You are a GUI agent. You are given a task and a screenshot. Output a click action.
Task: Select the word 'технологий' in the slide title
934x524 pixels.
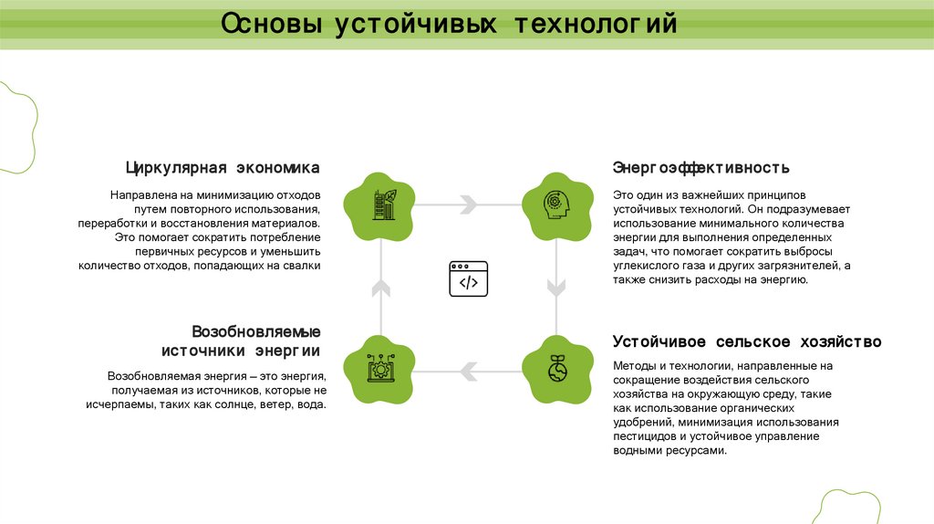tap(598, 24)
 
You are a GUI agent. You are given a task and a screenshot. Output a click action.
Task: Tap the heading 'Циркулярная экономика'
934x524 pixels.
tap(223, 168)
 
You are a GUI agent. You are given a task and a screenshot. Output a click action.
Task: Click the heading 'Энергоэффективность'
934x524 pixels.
tap(700, 168)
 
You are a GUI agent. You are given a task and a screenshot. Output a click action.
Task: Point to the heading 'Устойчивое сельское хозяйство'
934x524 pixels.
tap(746, 341)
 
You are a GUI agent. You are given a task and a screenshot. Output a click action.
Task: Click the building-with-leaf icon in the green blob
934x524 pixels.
tap(381, 204)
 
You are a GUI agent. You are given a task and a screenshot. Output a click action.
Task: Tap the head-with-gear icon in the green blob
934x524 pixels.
tap(555, 204)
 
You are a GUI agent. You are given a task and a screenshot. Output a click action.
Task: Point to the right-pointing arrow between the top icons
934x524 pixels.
tap(467, 204)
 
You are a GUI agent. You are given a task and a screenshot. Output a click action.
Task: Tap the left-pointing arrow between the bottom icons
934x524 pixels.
tap(467, 369)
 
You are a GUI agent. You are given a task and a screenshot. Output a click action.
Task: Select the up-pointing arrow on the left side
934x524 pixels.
tap(381, 288)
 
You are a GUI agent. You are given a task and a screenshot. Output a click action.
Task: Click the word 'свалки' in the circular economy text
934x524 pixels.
tap(302, 266)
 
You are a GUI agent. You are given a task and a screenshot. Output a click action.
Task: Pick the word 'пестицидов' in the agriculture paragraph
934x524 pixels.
tap(643, 436)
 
